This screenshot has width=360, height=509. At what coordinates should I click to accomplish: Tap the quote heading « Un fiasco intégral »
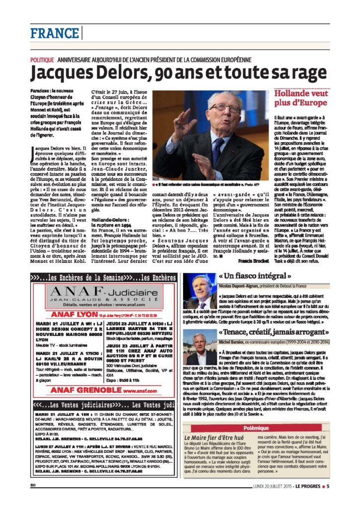pos(255,276)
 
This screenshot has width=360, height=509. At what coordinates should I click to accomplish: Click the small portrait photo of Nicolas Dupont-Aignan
pos(200,291)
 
